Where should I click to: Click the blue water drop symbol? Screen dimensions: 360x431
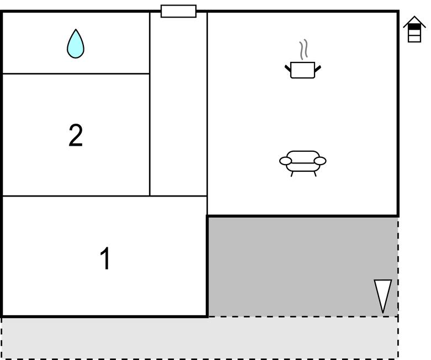coord(76,45)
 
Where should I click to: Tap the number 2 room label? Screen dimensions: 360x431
coord(76,135)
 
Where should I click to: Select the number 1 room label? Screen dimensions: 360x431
coord(105,258)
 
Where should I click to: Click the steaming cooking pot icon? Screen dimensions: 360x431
coord(302,70)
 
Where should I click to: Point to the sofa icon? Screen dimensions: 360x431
coord(302,161)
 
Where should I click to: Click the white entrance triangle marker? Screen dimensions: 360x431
coord(382,294)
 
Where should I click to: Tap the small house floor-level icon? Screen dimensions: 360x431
coord(414,30)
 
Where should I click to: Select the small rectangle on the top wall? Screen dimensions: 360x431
coord(178,11)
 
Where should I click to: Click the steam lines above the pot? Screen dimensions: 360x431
coord(302,50)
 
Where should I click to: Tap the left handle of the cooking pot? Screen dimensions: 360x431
coord(288,68)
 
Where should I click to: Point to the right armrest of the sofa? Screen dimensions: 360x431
coord(320,161)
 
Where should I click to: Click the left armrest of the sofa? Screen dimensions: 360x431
coord(285,161)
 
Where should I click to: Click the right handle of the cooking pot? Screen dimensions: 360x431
coord(317,68)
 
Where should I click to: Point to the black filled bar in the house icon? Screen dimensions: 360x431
coord(414,27)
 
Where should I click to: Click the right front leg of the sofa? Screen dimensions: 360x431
coord(315,173)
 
